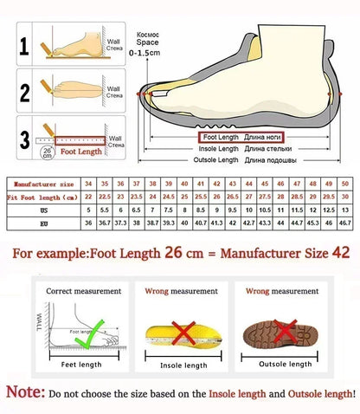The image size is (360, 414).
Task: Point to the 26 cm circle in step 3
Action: (x=45, y=152)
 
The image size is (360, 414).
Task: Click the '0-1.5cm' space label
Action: (x=145, y=53)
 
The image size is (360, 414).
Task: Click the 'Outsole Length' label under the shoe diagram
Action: (x=216, y=160)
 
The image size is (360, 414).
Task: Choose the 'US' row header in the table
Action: (x=42, y=210)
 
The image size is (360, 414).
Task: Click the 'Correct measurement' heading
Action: (x=80, y=291)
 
